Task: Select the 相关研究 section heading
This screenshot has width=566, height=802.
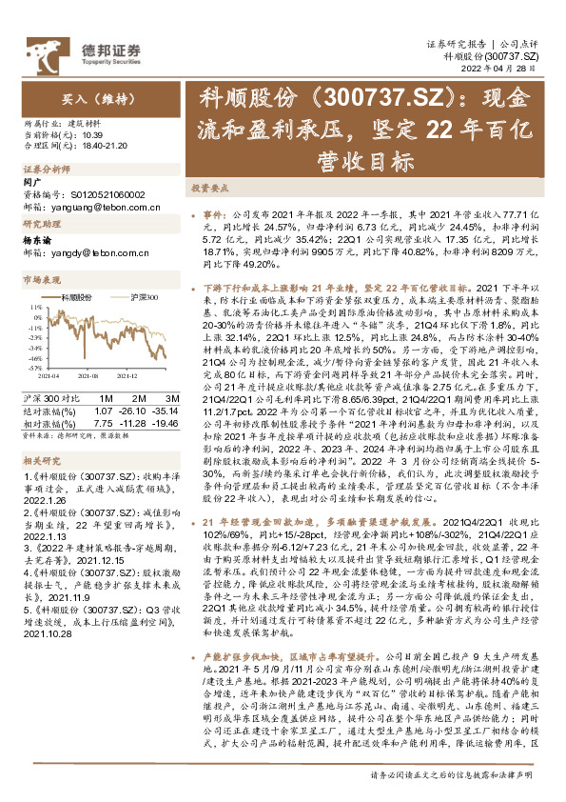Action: coord(43,458)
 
